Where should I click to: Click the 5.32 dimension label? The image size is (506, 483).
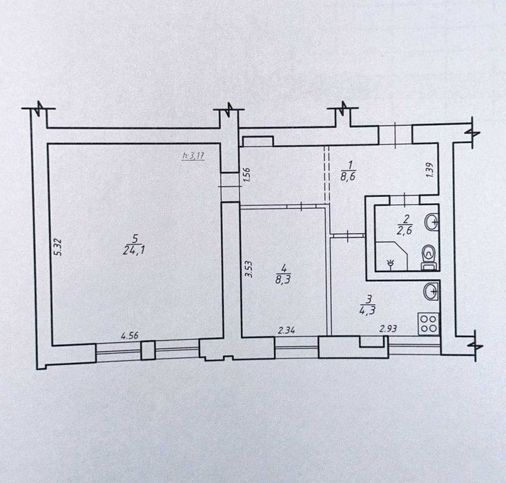click(x=58, y=247)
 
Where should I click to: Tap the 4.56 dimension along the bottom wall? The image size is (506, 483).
click(x=130, y=336)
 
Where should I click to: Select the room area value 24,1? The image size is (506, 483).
click(x=133, y=249)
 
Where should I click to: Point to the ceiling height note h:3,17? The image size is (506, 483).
click(x=193, y=155)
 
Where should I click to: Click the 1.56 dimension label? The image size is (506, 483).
click(x=248, y=175)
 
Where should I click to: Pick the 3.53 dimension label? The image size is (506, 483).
click(x=249, y=269)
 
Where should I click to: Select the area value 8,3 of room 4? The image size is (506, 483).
click(x=283, y=279)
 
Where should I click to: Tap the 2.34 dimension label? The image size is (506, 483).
click(x=286, y=330)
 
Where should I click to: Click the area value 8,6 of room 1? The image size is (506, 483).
click(x=347, y=177)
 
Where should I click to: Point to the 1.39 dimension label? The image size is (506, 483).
click(x=430, y=169)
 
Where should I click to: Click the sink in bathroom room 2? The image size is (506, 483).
click(x=431, y=222)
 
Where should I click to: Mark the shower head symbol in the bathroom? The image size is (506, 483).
click(x=391, y=264)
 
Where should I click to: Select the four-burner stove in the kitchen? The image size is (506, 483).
click(x=429, y=323)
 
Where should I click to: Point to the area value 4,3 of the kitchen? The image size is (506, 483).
click(x=367, y=310)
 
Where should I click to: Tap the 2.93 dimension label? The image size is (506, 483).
click(x=388, y=329)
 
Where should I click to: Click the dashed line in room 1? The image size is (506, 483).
click(x=327, y=174)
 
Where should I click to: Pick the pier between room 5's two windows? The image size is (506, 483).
click(x=148, y=350)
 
